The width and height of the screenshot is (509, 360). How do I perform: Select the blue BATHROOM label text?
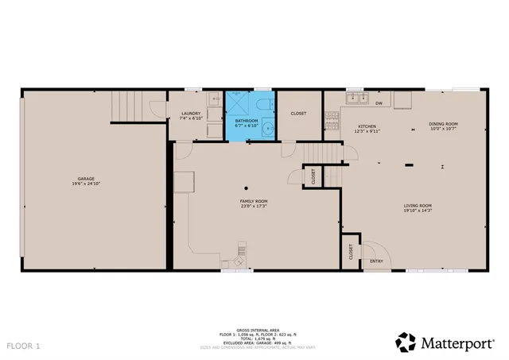coord(246,122)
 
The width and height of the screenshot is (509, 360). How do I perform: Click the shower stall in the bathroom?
coord(238,103)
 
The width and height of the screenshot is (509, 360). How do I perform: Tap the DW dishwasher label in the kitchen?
coord(379,103)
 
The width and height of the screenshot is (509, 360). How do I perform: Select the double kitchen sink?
coord(356,99)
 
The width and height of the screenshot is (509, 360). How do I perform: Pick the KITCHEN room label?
coord(367,127)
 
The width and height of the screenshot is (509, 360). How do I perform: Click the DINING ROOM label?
coord(444,124)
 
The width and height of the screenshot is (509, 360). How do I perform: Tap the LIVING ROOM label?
coord(418,206)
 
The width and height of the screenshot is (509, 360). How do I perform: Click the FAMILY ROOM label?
coord(254,203)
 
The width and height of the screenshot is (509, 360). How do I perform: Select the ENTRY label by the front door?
coord(376,260)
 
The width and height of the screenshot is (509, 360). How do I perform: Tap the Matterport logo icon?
coord(406,342)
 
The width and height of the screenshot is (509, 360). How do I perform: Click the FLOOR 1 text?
coord(23,346)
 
